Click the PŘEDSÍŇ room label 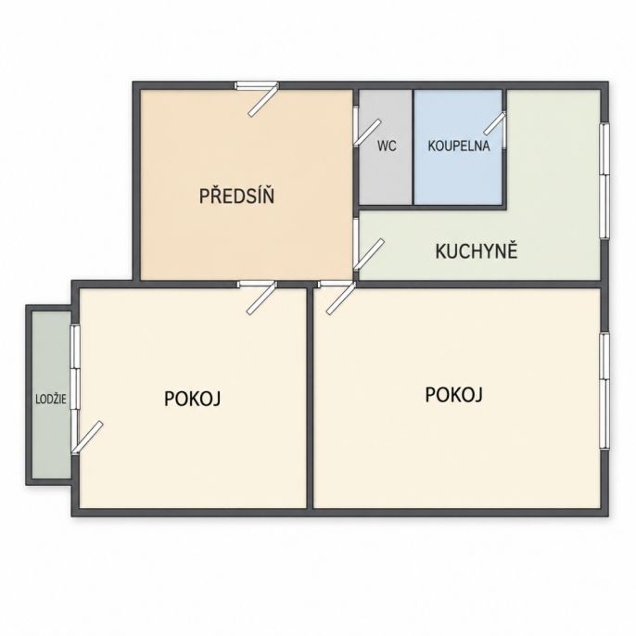click(236, 196)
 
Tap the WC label click(387, 146)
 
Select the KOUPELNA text click(459, 146)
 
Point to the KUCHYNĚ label click(477, 251)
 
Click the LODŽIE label click(51, 400)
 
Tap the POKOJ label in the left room click(192, 399)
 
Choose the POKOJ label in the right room click(453, 394)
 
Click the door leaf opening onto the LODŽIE click(87, 436)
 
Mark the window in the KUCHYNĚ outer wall click(604, 180)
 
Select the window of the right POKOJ click(604, 390)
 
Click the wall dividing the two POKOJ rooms click(311, 398)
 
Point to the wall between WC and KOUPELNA click(413, 146)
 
